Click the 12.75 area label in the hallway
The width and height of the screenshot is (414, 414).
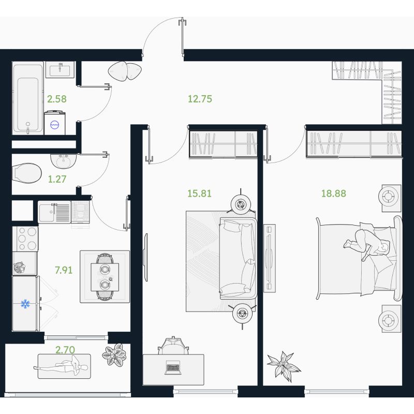(200, 99)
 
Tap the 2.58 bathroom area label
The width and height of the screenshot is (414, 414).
(57, 99)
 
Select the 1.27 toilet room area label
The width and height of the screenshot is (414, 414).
(57, 179)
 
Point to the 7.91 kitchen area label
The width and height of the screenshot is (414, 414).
(63, 270)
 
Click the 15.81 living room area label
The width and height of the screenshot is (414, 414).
(199, 194)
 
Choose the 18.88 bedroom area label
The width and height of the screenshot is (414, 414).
(333, 194)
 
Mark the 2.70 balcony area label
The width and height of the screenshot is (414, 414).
(65, 350)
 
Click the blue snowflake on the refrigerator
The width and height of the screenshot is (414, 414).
(25, 304)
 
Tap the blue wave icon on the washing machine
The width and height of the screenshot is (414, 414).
(55, 125)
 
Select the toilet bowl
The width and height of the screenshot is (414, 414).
(27, 173)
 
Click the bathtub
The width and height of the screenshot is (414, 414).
(28, 98)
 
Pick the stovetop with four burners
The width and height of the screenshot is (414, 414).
(27, 239)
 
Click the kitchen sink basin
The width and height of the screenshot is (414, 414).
(47, 212)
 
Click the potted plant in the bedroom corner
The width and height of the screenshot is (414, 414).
(283, 366)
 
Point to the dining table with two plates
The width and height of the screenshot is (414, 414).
(105, 277)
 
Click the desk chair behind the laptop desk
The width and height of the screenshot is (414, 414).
(173, 346)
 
